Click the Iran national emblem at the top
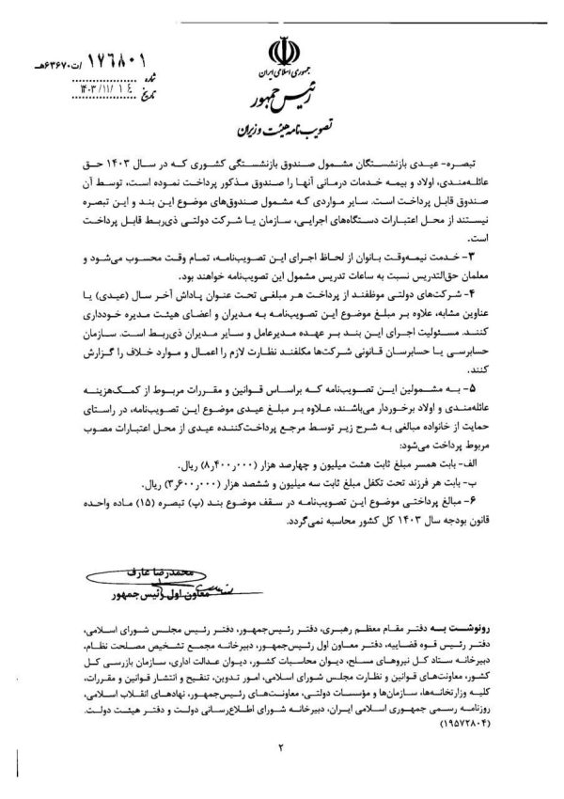tap(283, 49)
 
